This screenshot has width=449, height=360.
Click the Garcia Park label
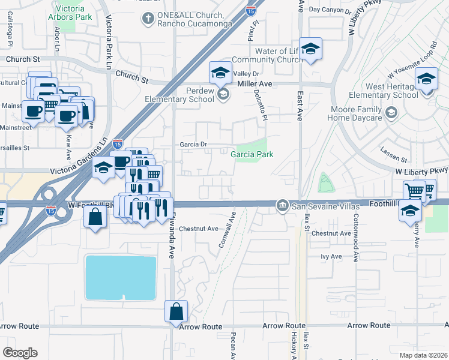pos(252,154)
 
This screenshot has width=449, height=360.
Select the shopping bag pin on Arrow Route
pos(176,312)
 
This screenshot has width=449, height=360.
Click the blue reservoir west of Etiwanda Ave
pos(121,277)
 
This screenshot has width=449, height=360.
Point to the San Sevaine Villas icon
pos(282,206)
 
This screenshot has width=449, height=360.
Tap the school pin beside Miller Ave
pos(220,73)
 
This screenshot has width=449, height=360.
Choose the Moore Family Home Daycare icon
pos(391,113)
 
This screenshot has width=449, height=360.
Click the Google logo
pos(19,353)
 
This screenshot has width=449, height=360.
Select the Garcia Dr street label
pos(193,145)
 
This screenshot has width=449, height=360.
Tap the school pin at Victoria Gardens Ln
pos(103,168)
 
